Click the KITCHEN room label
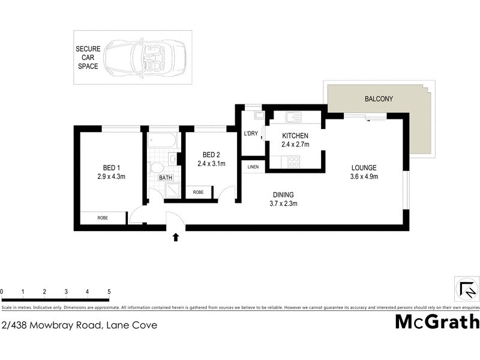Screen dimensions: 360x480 point(295,136)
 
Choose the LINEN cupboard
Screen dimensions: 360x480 point(253,166)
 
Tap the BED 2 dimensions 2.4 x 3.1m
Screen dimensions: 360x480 point(211,163)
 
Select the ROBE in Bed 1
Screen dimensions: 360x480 point(103,218)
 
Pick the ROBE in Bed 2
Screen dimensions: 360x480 point(198,193)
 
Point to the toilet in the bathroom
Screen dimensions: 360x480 point(157,167)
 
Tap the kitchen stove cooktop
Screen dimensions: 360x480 point(294,161)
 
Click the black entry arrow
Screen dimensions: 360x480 point(176,238)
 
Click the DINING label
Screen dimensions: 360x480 point(283,194)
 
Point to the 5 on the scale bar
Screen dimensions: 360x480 point(109,292)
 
